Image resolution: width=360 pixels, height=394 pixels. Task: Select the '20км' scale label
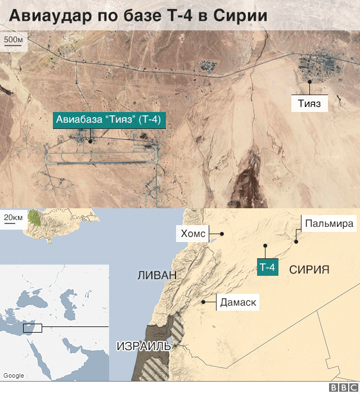(13, 218)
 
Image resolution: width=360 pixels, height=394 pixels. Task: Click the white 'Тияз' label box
(309, 104)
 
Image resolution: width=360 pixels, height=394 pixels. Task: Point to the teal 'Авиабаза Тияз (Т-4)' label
(110, 120)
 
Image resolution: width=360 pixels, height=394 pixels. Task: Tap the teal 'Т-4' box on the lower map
(267, 268)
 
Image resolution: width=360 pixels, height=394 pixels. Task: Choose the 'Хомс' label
(193, 234)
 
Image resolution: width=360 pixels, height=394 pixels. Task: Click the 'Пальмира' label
(330, 223)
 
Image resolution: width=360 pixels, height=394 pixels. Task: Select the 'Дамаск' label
(238, 302)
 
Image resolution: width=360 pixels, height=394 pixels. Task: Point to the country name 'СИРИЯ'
(309, 270)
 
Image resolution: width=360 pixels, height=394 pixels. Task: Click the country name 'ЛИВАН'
(157, 275)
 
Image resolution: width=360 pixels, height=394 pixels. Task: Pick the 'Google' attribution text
(13, 375)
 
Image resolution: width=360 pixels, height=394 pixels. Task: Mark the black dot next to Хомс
(222, 234)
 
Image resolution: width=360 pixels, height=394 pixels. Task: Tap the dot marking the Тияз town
(309, 82)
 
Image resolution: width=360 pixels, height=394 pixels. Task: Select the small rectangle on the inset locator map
(32, 327)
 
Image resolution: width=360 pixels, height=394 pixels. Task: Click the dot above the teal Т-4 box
(265, 245)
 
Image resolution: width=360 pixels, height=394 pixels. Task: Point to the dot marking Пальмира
(295, 242)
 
